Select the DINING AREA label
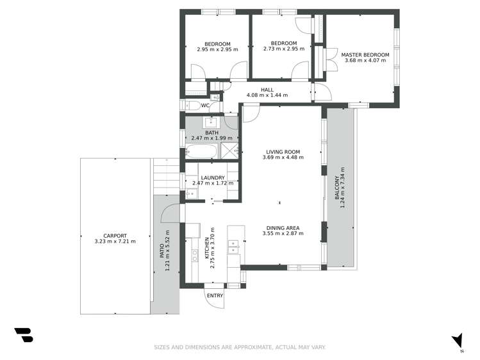283,227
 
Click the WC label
205,106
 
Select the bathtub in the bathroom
201,152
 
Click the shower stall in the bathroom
229,151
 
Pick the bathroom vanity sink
211,122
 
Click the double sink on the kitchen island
235,244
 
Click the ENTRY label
215,295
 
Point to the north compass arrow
457,341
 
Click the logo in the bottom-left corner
23,334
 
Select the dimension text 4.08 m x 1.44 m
267,95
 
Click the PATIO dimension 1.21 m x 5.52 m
168,250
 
